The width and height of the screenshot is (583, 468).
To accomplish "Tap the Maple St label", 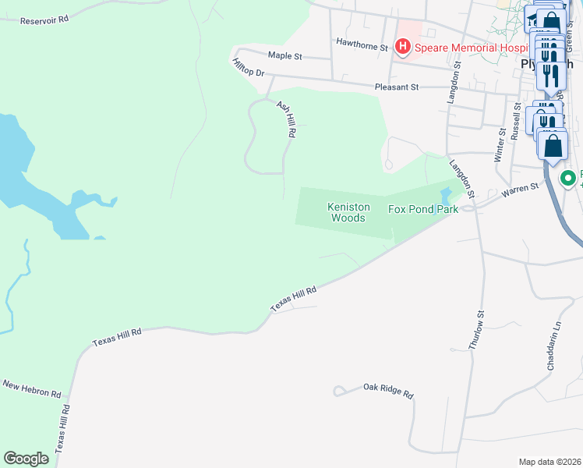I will [x=284, y=56].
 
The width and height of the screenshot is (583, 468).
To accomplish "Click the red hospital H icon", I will [x=403, y=48].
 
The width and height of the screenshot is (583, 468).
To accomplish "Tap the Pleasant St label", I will [x=397, y=87].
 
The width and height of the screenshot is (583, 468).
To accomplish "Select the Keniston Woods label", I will [x=346, y=212].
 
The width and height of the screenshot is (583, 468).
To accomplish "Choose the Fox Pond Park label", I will [x=423, y=210].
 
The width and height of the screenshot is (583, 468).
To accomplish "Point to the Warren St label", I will [x=521, y=188].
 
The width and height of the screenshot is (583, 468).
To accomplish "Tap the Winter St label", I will [x=500, y=146].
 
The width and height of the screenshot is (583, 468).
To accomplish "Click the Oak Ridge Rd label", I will [x=387, y=391].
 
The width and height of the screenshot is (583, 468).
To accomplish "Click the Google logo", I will [x=26, y=459].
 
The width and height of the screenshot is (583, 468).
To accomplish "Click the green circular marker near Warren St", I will [x=568, y=179].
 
